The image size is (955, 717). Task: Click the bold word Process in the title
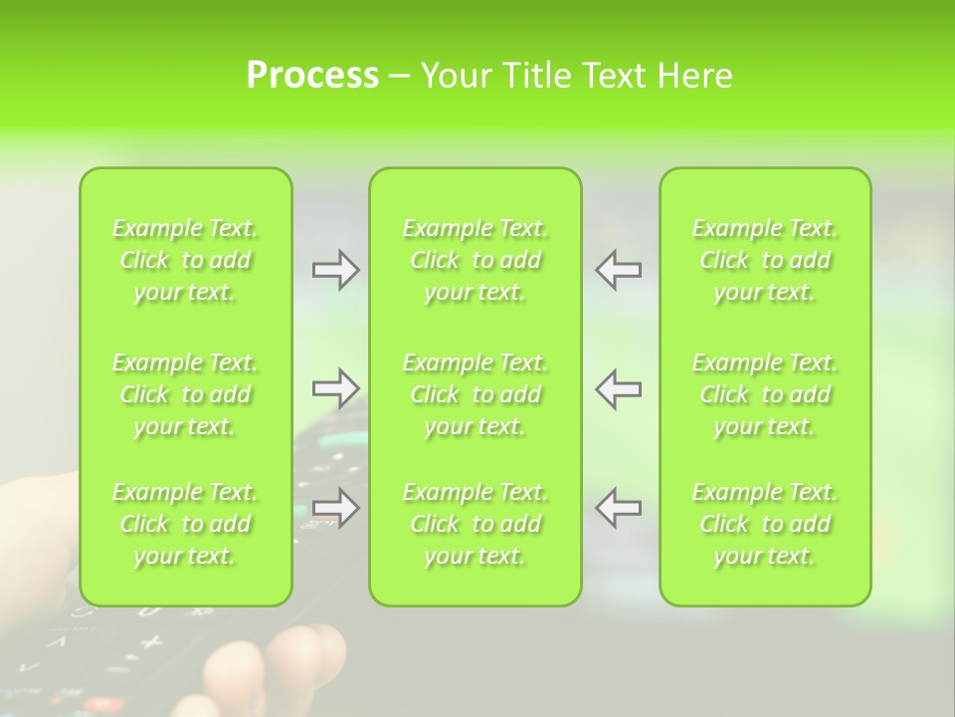click(x=312, y=76)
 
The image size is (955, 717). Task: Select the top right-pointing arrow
click(x=335, y=270)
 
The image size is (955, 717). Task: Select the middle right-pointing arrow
click(x=335, y=388)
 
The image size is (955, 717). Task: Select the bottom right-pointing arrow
click(x=335, y=508)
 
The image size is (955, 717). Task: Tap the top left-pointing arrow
click(x=618, y=270)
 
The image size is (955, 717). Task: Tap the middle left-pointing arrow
click(x=618, y=388)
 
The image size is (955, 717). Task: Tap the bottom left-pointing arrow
click(x=618, y=508)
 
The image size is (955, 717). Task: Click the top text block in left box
click(x=185, y=260)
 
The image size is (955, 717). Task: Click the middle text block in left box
click(x=185, y=394)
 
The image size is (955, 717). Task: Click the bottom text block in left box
click(x=185, y=524)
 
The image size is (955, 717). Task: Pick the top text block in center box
click(x=476, y=260)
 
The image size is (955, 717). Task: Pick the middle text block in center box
click(x=476, y=394)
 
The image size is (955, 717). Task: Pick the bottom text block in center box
click(x=476, y=524)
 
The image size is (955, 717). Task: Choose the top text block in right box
click(x=765, y=260)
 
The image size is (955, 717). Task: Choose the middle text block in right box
click(x=765, y=394)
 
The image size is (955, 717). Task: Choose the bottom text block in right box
click(x=765, y=524)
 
